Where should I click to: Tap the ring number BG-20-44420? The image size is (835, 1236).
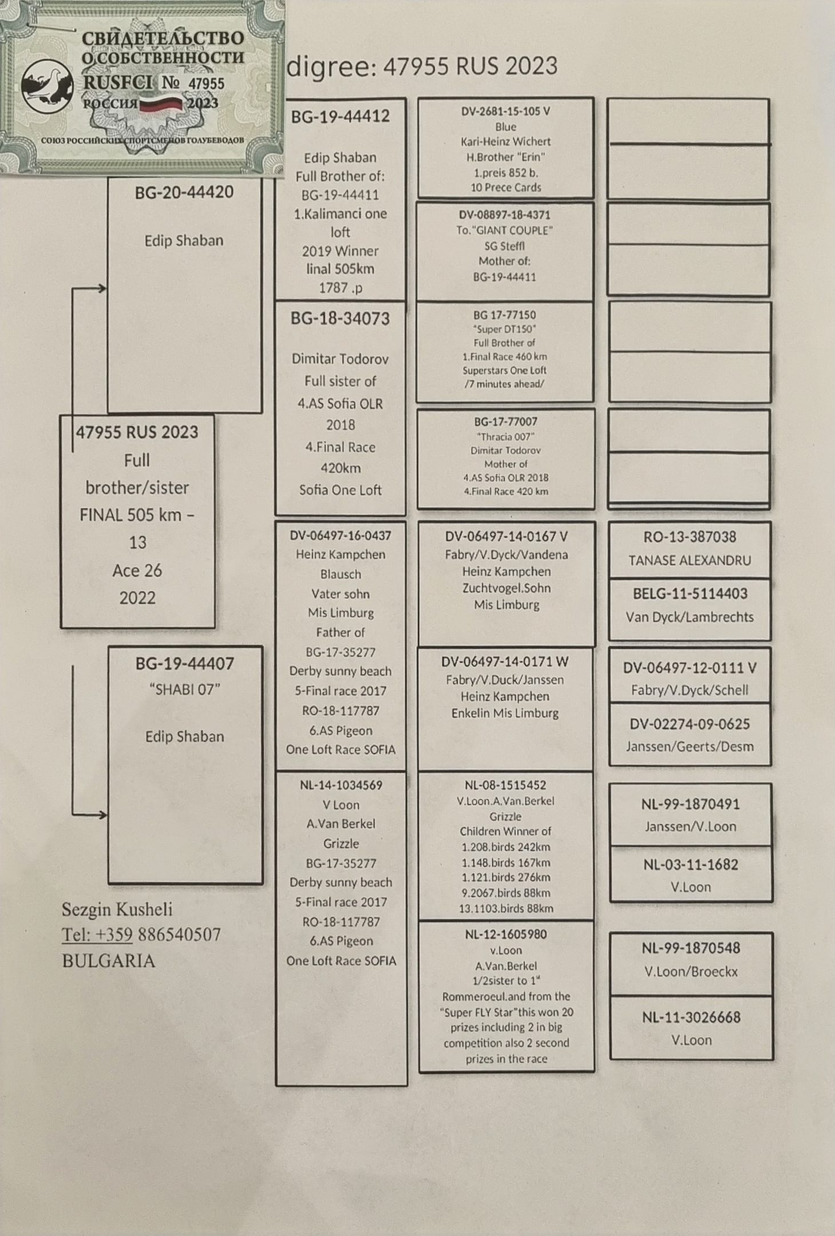184,192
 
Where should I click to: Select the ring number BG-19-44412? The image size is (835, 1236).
340,117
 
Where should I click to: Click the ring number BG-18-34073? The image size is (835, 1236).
340,319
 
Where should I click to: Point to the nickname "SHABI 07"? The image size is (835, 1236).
184,690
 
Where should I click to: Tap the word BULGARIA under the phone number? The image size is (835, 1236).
108,961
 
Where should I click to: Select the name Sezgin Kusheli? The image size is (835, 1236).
117,909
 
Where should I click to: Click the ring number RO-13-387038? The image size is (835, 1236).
690,537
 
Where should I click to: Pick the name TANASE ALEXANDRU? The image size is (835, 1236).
690,560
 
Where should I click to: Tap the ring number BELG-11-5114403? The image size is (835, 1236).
690,594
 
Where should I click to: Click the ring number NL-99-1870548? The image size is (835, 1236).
691,948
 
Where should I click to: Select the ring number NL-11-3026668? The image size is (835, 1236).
691,1017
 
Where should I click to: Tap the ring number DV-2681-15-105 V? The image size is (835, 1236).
505,112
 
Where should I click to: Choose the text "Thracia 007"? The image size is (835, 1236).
505,437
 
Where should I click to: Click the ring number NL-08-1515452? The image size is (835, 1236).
505,785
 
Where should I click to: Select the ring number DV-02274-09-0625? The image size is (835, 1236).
690,724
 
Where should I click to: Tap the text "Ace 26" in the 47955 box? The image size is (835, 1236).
137,571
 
